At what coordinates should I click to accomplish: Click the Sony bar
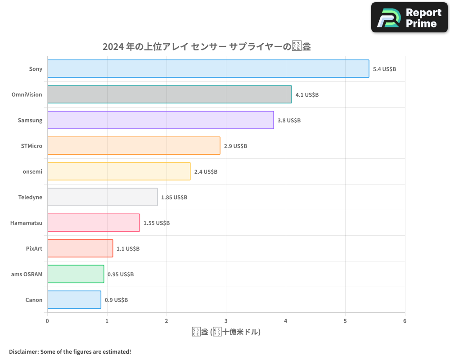click(x=208, y=69)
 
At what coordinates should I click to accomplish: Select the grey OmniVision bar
click(x=169, y=94)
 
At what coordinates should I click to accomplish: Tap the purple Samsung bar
click(x=160, y=120)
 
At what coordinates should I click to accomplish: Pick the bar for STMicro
click(x=134, y=146)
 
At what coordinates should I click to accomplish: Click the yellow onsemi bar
click(x=119, y=171)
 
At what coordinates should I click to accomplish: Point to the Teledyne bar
click(x=102, y=197)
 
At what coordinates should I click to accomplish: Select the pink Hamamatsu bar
click(x=93, y=223)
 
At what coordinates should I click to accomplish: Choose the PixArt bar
click(x=80, y=248)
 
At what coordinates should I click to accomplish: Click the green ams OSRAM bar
click(x=76, y=274)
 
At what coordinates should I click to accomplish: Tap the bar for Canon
click(x=74, y=300)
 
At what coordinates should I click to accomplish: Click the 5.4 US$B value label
click(x=384, y=69)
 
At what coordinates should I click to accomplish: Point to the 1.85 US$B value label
click(x=174, y=197)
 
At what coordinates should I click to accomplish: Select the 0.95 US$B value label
click(x=121, y=274)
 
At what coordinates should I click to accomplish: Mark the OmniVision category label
click(x=27, y=94)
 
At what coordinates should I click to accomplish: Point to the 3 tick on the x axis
click(x=226, y=321)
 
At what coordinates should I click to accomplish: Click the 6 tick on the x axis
click(x=405, y=321)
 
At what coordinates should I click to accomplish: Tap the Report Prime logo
click(x=409, y=18)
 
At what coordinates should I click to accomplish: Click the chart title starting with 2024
click(x=207, y=47)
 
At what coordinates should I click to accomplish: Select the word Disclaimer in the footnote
click(x=23, y=351)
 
